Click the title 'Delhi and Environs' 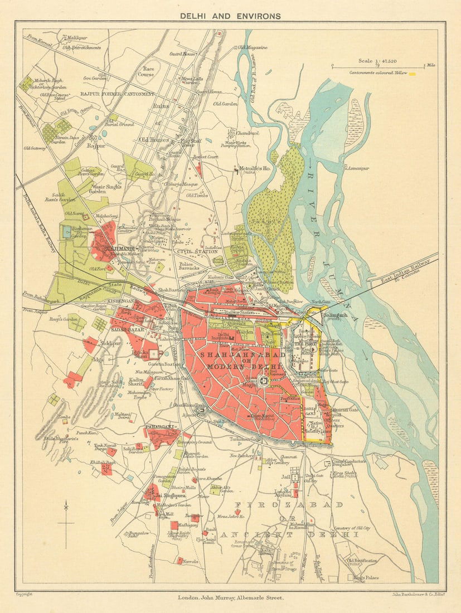click(x=230, y=16)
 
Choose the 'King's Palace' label click(x=366, y=577)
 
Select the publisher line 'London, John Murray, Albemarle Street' click(x=230, y=598)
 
